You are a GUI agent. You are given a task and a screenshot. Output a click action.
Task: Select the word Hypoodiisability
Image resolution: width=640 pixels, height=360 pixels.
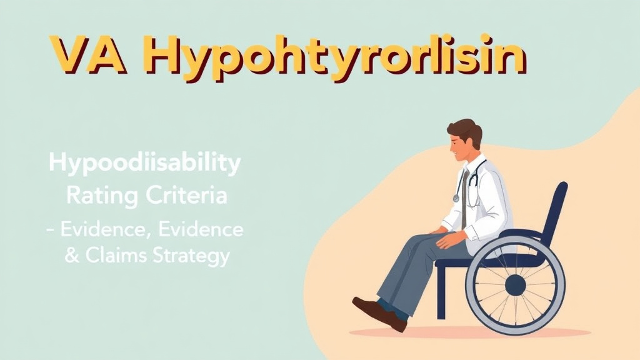pos(144,166)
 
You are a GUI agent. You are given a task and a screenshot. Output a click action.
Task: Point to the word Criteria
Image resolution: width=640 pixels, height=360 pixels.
pos(189,196)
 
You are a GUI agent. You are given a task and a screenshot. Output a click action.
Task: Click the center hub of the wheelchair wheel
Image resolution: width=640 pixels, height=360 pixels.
pos(515,286)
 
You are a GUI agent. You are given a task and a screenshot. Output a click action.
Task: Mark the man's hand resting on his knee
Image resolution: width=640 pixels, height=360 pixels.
pos(446,237)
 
